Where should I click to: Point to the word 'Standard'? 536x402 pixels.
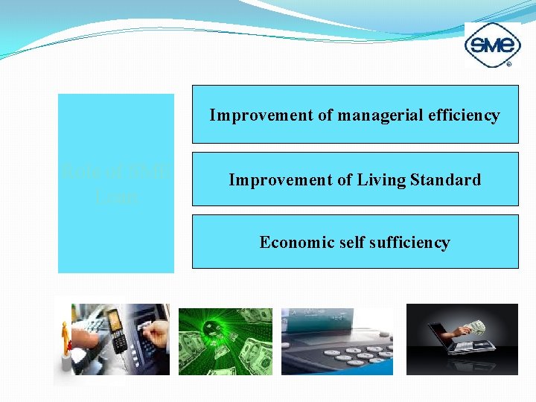coord(446,180)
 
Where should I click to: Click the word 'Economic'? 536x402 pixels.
coord(292,243)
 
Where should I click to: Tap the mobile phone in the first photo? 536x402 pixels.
coord(116,331)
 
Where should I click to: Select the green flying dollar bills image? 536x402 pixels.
coord(226,341)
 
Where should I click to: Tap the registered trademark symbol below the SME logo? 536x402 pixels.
coord(508,65)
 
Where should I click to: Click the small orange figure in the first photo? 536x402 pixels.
coord(65,339)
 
